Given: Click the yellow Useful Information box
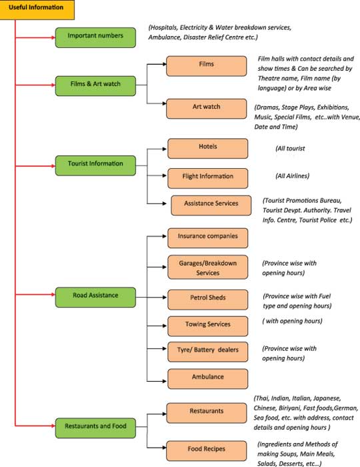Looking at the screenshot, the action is tap(37, 9).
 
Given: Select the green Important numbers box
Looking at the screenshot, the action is tap(95, 37).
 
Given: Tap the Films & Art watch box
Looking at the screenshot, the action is tap(95, 86).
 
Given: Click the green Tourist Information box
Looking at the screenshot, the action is tap(95, 165).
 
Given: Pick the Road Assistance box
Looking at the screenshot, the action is tap(95, 298).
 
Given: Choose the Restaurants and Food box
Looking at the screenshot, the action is tap(95, 428).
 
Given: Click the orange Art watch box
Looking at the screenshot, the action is tap(207, 109).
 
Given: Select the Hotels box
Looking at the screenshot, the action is tap(208, 148).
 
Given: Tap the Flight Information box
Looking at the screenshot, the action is tap(208, 178).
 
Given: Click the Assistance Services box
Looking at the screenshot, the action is tap(211, 205).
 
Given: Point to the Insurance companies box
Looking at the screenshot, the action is tap(208, 238).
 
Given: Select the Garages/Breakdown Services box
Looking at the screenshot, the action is tap(208, 267).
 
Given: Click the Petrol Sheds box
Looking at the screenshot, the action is tap(208, 300).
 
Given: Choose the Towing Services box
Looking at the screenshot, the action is tap(208, 326).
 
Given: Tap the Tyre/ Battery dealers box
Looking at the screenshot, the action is tap(208, 352).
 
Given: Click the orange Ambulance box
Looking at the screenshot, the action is tap(208, 379).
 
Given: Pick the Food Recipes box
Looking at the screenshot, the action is tap(207, 451).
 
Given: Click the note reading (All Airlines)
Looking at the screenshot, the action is tap(293, 176).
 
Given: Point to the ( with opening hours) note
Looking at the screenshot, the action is tap(292, 321).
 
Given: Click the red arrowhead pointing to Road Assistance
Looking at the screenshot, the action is tap(53, 295).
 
